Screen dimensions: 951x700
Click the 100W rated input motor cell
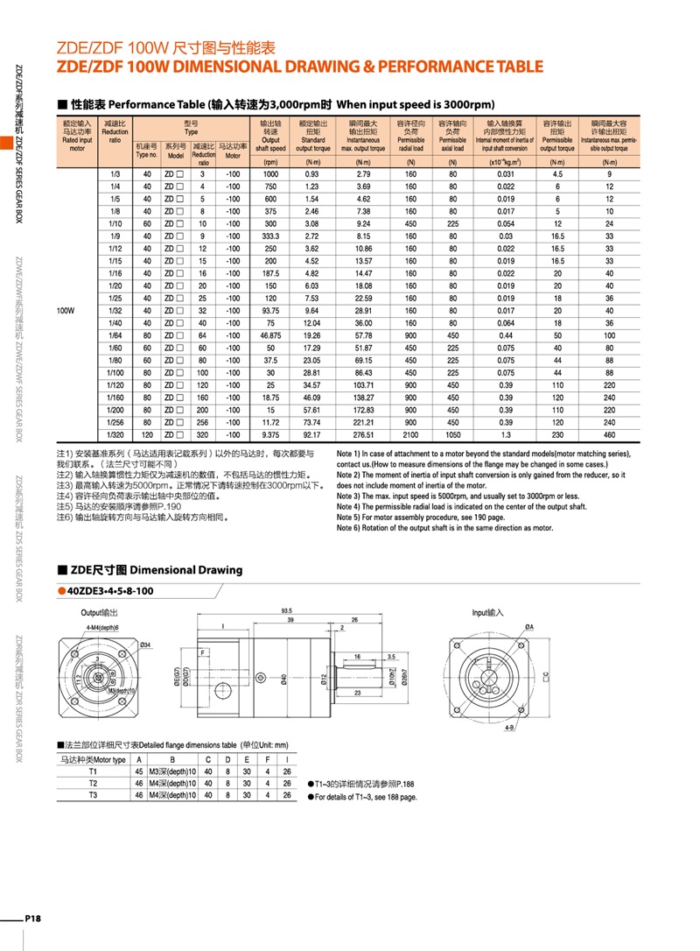tap(66, 310)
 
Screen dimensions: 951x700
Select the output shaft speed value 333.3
tap(270, 236)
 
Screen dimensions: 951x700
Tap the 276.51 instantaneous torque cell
tap(364, 434)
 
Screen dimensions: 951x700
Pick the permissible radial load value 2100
tap(409, 434)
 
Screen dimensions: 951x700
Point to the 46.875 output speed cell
tap(270, 335)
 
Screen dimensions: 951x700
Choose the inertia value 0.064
tap(506, 322)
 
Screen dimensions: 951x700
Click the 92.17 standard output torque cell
tap(312, 434)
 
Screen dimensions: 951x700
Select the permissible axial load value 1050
tap(452, 434)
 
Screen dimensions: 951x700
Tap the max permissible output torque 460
tap(609, 434)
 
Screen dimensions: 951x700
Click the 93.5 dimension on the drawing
tap(286, 611)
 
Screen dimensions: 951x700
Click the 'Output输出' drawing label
tap(100, 612)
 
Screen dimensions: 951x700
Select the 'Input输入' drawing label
tap(488, 612)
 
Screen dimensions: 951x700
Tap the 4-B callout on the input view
tap(508, 727)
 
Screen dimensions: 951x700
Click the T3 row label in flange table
tap(94, 795)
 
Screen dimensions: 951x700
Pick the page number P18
tap(33, 918)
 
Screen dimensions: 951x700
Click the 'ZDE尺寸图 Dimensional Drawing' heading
tap(156, 570)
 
